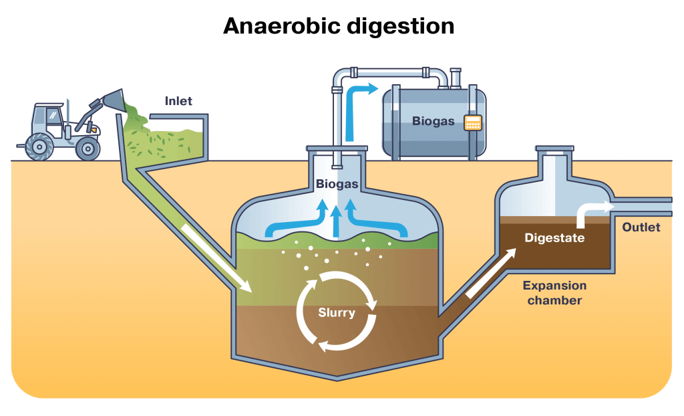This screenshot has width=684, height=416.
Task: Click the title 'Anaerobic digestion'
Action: (x=339, y=26)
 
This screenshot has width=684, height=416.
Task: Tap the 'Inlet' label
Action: (x=178, y=102)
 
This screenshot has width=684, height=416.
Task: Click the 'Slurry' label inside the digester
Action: (x=337, y=312)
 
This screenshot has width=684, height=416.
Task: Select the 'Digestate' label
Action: (x=554, y=237)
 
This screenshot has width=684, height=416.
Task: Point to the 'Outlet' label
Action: (x=641, y=227)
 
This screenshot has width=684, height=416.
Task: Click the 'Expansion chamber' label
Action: (x=554, y=292)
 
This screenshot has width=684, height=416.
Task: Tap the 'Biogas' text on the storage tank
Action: (x=433, y=122)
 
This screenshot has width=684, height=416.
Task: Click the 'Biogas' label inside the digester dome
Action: (x=337, y=184)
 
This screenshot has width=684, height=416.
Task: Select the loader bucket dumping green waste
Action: (x=114, y=100)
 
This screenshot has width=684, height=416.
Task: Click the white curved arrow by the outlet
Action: (x=588, y=212)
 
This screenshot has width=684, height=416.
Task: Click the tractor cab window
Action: (x=52, y=118)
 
